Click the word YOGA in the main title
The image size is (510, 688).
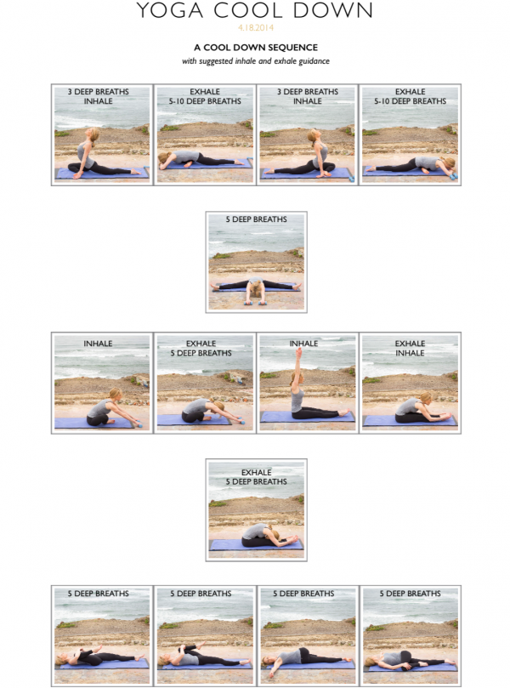[170, 9]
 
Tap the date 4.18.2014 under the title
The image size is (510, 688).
[256, 28]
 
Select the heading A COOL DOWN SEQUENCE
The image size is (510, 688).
[256, 48]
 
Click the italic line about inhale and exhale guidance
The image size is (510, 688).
[256, 61]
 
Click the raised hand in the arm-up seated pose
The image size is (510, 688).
[298, 352]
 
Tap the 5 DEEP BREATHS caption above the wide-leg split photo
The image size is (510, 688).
[256, 219]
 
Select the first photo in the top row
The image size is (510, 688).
[102, 134]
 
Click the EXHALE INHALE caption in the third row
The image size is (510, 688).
[410, 348]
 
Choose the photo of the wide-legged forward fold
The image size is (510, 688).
[256, 262]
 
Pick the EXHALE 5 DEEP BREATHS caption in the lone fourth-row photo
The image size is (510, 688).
[256, 477]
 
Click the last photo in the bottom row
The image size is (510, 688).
[410, 636]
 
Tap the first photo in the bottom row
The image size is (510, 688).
[102, 636]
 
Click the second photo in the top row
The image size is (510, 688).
[205, 134]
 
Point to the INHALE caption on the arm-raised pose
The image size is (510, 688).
[303, 344]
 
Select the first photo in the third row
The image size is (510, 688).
[102, 383]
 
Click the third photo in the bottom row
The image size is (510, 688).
[308, 636]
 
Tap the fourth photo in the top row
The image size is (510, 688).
[410, 134]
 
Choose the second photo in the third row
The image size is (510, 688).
[205, 383]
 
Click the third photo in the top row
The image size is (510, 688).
[308, 134]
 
